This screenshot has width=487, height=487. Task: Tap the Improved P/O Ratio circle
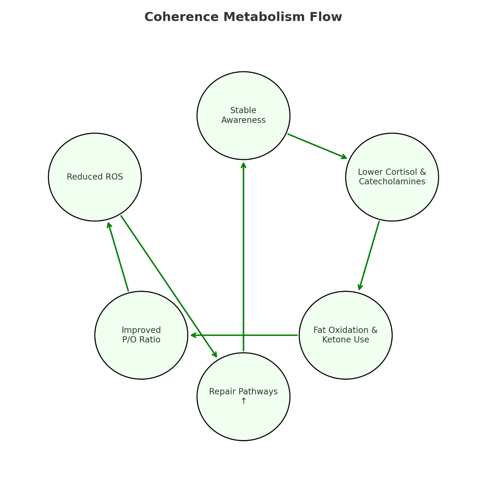[x=141, y=357]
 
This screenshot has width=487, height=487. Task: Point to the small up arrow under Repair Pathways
[x=243, y=401]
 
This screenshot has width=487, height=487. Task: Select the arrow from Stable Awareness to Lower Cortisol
[x=317, y=146]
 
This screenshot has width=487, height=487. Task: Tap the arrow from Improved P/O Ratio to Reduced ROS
[x=118, y=257]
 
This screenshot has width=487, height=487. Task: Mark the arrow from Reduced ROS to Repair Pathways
[x=169, y=286]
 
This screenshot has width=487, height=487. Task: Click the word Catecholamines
[x=392, y=182]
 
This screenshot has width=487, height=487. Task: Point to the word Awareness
[x=243, y=120]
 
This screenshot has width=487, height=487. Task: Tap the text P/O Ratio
[x=141, y=340]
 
